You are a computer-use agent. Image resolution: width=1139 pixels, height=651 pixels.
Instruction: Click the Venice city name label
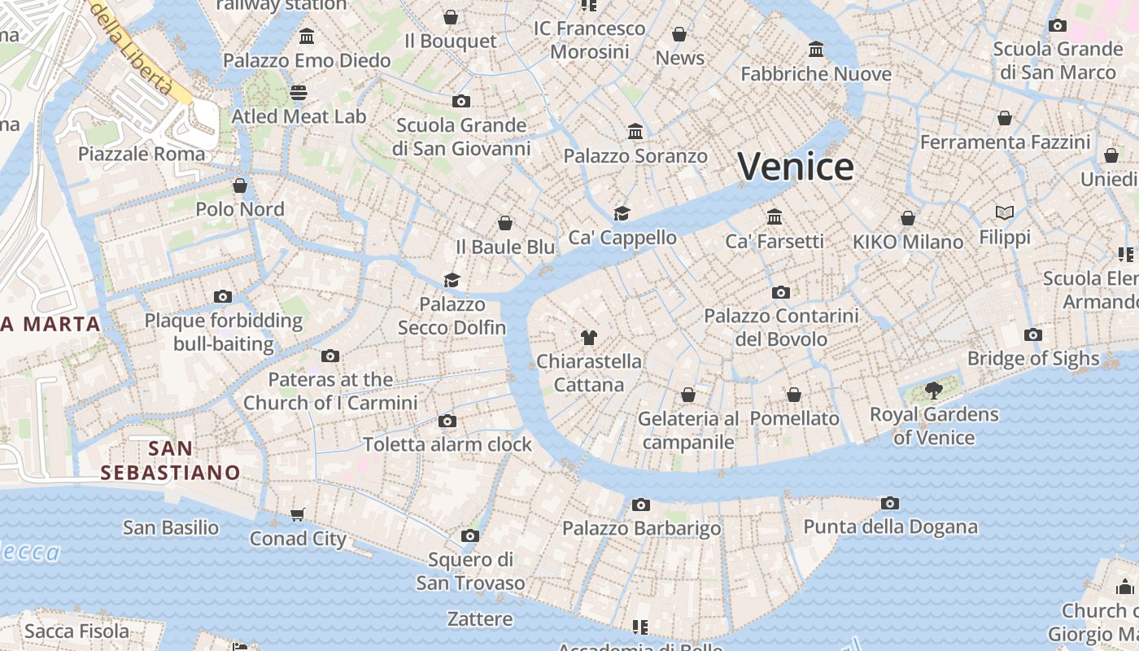pyautogui.click(x=796, y=166)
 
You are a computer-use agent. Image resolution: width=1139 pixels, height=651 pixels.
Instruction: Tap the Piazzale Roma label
pyautogui.click(x=142, y=154)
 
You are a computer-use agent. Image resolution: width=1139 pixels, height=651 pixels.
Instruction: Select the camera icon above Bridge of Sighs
pyautogui.click(x=1033, y=334)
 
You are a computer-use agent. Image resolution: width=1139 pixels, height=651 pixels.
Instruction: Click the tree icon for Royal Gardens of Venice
pyautogui.click(x=934, y=391)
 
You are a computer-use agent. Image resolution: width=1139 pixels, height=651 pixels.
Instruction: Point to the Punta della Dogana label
pyautogui.click(x=890, y=526)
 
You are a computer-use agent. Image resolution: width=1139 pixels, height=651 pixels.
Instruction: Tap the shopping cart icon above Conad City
pyautogui.click(x=298, y=514)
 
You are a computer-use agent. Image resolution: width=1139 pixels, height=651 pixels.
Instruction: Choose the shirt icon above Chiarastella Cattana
pyautogui.click(x=589, y=337)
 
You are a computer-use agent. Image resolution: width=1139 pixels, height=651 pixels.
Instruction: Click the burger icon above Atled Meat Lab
pyautogui.click(x=299, y=92)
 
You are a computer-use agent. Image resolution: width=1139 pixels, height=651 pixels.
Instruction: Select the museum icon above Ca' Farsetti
pyautogui.click(x=775, y=216)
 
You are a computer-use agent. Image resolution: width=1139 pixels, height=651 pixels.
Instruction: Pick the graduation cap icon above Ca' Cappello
pyautogui.click(x=622, y=213)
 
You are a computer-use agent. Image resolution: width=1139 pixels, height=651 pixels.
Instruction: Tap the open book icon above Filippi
pyautogui.click(x=1005, y=212)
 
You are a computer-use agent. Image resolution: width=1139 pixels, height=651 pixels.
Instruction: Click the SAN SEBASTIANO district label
pyautogui.click(x=171, y=460)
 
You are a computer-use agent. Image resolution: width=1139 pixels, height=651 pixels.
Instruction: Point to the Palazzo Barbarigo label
pyautogui.click(x=641, y=528)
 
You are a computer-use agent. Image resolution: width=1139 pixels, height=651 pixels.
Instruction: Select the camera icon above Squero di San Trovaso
pyautogui.click(x=470, y=535)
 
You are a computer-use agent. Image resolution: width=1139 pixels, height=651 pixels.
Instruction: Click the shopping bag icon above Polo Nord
pyautogui.click(x=240, y=186)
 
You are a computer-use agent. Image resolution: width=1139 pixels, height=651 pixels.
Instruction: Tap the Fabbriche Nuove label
pyautogui.click(x=816, y=74)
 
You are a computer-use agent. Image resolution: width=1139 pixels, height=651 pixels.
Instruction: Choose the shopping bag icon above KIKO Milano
pyautogui.click(x=908, y=218)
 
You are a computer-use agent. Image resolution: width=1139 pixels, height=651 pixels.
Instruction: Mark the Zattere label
pyautogui.click(x=480, y=619)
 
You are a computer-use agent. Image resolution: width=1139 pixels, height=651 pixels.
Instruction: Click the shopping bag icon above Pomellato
pyautogui.click(x=794, y=395)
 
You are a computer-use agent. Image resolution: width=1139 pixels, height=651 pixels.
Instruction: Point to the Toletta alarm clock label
pyautogui.click(x=447, y=444)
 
